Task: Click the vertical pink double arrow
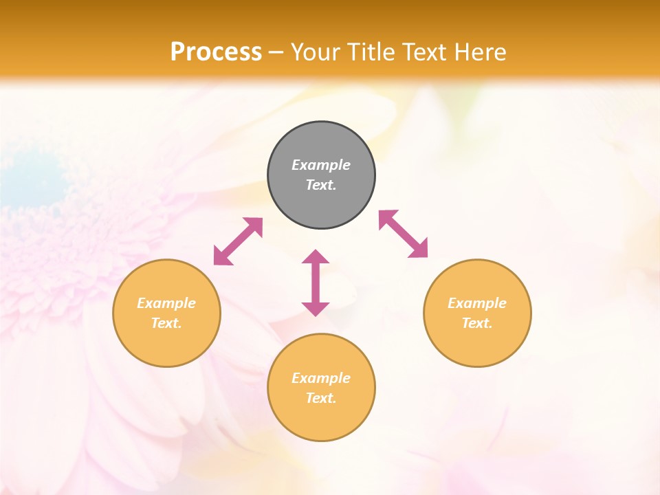click(x=316, y=283)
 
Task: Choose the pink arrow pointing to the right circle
click(x=403, y=234)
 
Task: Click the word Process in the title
click(x=216, y=52)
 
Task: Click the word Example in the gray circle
click(x=321, y=165)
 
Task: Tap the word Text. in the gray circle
click(x=321, y=185)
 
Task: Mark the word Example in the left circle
click(x=166, y=303)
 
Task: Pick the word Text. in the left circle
click(x=166, y=323)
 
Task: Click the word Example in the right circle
click(x=477, y=303)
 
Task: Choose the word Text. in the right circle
click(x=477, y=323)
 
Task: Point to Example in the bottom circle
click(x=321, y=378)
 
